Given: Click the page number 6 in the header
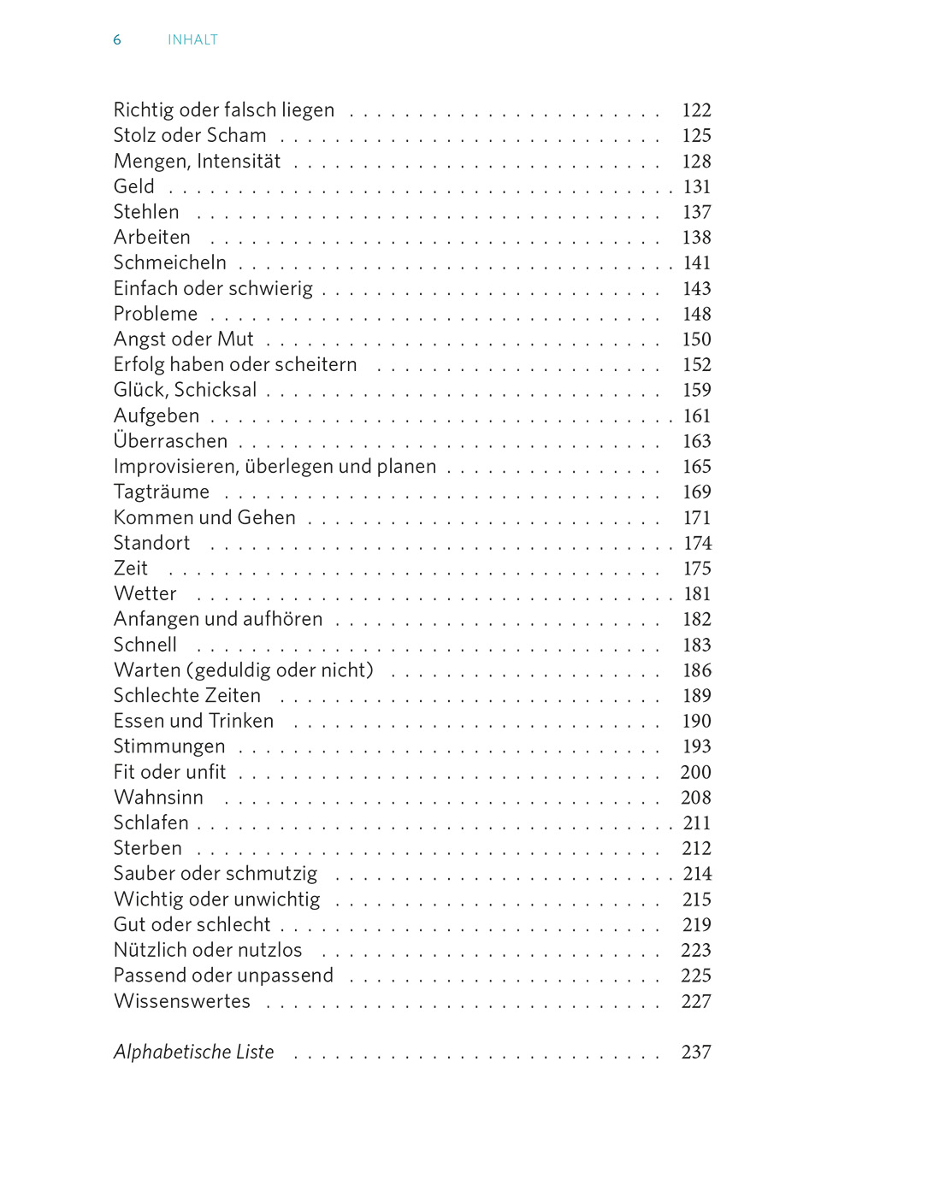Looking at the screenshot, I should (117, 40).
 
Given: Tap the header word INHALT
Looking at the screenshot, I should (192, 40).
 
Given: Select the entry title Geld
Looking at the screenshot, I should (134, 186).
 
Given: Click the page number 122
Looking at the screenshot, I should (696, 110).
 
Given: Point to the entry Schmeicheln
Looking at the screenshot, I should (170, 262).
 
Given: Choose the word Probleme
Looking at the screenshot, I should (156, 314).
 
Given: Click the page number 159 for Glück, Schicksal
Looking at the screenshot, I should (696, 390).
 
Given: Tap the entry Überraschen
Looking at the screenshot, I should (171, 441).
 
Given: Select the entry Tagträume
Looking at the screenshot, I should (162, 492).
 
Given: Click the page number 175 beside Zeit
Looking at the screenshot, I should (697, 569).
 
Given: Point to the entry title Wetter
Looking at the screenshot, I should (145, 593).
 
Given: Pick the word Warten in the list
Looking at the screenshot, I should (147, 670).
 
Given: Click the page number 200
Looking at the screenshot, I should (695, 772).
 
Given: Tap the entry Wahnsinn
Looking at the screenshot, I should (159, 798).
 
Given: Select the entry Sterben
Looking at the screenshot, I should (148, 848).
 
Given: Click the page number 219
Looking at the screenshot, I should (696, 925).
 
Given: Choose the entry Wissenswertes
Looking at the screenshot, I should (182, 1001).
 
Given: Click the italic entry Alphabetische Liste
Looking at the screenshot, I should (194, 1052).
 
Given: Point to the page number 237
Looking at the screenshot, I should (696, 1053).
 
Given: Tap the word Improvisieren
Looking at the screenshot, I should (174, 467).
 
